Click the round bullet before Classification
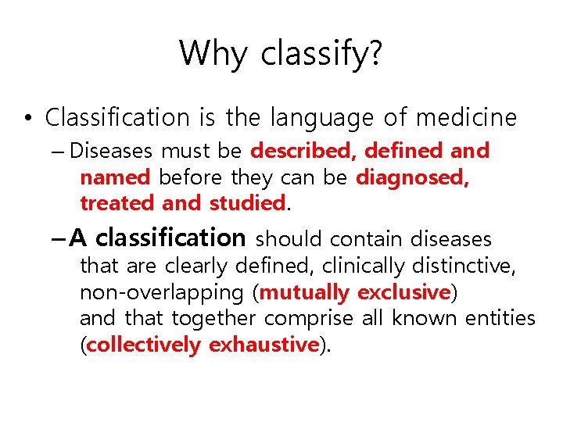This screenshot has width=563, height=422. tap(27, 119)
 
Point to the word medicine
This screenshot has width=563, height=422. tap(466, 117)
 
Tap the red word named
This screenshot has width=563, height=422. tap(115, 177)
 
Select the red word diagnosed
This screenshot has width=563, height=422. tap(411, 177)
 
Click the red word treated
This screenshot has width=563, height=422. tap(117, 203)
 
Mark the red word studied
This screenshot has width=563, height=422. tap(246, 203)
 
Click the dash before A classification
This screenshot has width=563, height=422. tap(59, 238)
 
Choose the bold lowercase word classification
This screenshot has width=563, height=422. tap(170, 237)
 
